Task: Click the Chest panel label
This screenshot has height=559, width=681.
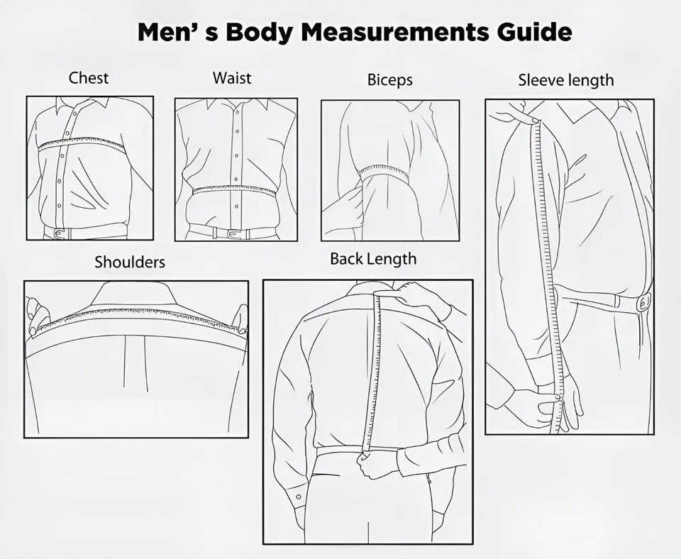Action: tap(89, 78)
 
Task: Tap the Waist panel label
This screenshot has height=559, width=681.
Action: tap(232, 78)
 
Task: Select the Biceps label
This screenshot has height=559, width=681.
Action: tap(389, 80)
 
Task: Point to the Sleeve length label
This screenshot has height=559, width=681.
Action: tap(566, 80)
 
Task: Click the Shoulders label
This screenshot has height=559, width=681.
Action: tap(130, 262)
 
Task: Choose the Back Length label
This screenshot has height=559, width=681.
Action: tap(373, 259)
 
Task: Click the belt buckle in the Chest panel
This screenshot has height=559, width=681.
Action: tap(60, 233)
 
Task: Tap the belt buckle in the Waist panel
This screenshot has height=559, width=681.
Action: tap(235, 233)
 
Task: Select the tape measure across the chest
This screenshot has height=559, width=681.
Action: tap(81, 142)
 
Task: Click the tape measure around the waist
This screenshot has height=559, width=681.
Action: tap(235, 189)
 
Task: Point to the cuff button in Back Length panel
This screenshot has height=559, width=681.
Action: tap(299, 497)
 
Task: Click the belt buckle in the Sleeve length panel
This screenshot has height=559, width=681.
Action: tap(645, 302)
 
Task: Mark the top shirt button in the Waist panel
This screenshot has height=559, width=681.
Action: tap(237, 111)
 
